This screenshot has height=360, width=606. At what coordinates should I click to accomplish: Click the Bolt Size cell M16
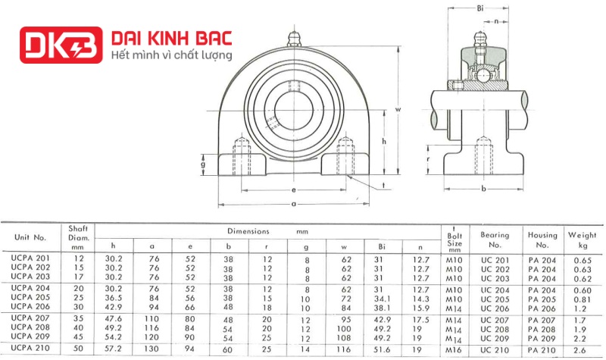pos(454,348)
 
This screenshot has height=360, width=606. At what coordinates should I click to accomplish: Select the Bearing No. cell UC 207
pos(495,320)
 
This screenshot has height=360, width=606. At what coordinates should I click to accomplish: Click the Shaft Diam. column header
pos(79,236)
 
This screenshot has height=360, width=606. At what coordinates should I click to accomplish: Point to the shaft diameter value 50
pos(77,348)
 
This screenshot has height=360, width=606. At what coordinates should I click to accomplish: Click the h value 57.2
pos(114,348)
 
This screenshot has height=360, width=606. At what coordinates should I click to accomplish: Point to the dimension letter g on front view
pos(204,164)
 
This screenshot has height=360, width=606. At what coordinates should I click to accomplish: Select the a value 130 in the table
pos(153,348)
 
